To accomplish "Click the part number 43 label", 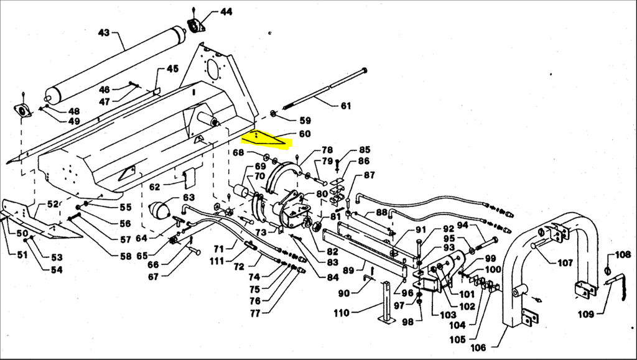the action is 104,32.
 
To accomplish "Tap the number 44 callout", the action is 226,12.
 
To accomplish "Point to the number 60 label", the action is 305,134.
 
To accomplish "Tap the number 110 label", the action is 342,313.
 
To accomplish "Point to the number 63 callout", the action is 188,198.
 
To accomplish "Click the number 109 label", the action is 585,314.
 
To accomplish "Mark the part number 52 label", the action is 53,204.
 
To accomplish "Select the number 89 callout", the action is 348,270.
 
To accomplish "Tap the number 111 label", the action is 217,261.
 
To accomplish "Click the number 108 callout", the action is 623,255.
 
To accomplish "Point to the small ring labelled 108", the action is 608,270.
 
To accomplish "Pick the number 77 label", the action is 255,313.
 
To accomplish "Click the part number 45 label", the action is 172,69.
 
